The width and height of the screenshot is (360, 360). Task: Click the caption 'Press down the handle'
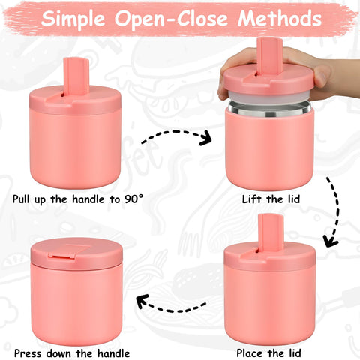pyautogui.click(x=72, y=352)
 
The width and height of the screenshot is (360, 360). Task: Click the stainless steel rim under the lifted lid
pyautogui.click(x=268, y=109)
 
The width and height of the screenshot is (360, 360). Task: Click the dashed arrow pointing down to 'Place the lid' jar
pyautogui.click(x=330, y=214)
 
